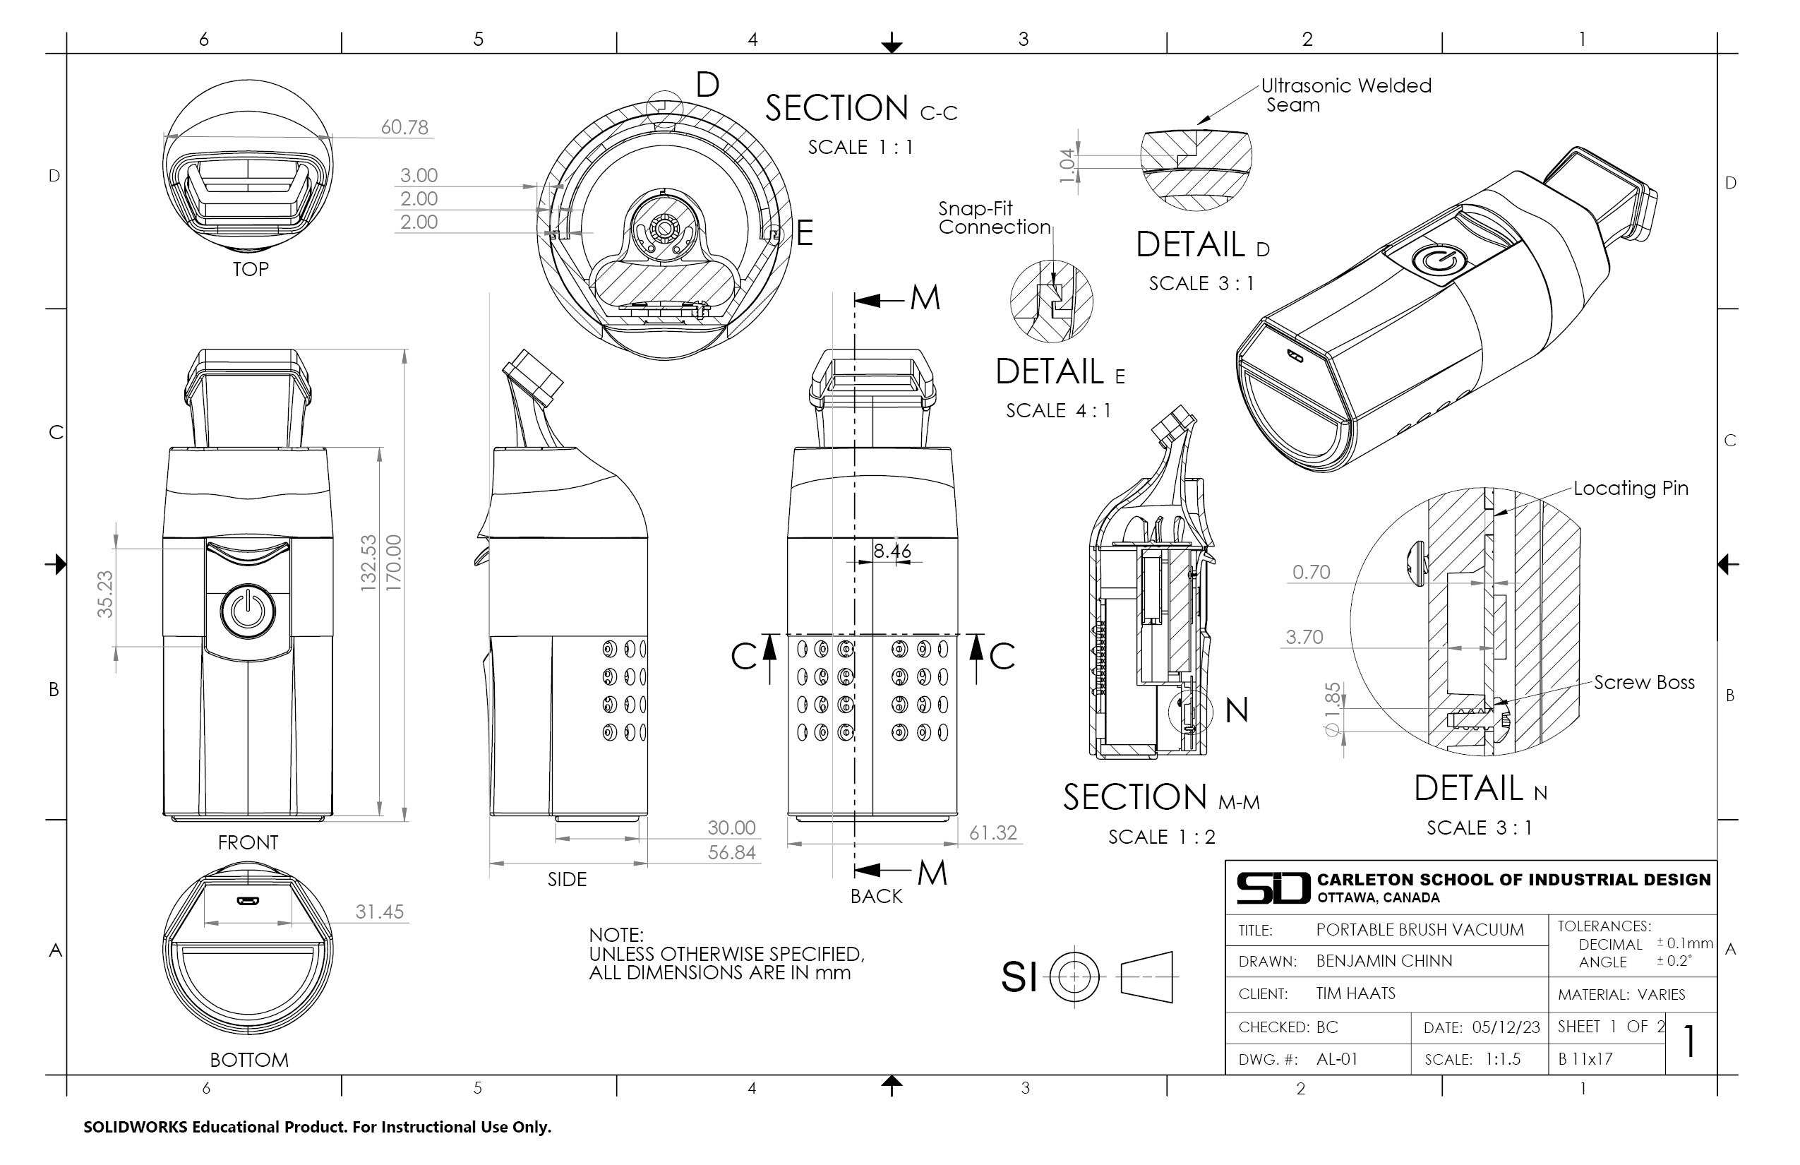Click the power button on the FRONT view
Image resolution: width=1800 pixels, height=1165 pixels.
click(247, 611)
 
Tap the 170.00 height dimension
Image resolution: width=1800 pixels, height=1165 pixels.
click(393, 563)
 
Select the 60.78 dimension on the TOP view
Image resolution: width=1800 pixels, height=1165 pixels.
click(404, 127)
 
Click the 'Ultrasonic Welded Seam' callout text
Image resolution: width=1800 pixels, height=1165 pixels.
click(1345, 95)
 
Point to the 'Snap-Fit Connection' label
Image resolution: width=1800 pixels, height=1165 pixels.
click(994, 218)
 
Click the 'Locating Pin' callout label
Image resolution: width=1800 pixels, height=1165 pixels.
click(1631, 489)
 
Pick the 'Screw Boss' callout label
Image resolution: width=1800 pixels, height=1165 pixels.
click(1643, 682)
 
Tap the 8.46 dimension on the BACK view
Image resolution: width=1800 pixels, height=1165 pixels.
click(892, 551)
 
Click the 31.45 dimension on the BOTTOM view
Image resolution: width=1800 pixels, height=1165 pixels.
click(379, 912)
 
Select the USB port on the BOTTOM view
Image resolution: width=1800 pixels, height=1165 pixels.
click(247, 901)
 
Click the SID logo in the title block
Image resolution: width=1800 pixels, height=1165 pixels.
click(1273, 888)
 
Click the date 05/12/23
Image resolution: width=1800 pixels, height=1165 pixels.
click(1505, 1027)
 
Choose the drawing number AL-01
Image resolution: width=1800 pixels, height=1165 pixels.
click(1336, 1059)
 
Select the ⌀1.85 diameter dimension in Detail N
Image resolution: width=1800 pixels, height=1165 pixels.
click(1333, 709)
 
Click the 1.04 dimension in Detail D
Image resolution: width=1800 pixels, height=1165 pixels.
click(1067, 165)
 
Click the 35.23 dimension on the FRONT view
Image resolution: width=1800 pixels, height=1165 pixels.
click(104, 595)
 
